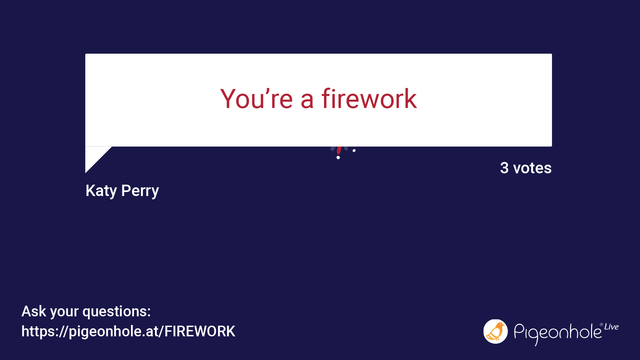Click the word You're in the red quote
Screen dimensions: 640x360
(x=256, y=99)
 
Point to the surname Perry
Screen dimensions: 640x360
(x=140, y=191)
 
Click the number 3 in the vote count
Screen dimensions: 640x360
(x=504, y=168)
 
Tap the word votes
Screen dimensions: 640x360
(x=532, y=168)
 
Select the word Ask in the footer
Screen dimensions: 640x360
(x=34, y=311)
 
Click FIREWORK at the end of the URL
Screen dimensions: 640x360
(x=200, y=331)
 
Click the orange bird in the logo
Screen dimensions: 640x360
(x=496, y=332)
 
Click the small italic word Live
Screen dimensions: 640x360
(x=611, y=327)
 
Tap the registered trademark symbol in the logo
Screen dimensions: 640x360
(x=601, y=324)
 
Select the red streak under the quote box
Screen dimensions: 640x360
(x=339, y=150)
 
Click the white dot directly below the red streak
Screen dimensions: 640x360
(x=338, y=157)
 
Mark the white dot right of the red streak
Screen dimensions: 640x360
(x=354, y=151)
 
